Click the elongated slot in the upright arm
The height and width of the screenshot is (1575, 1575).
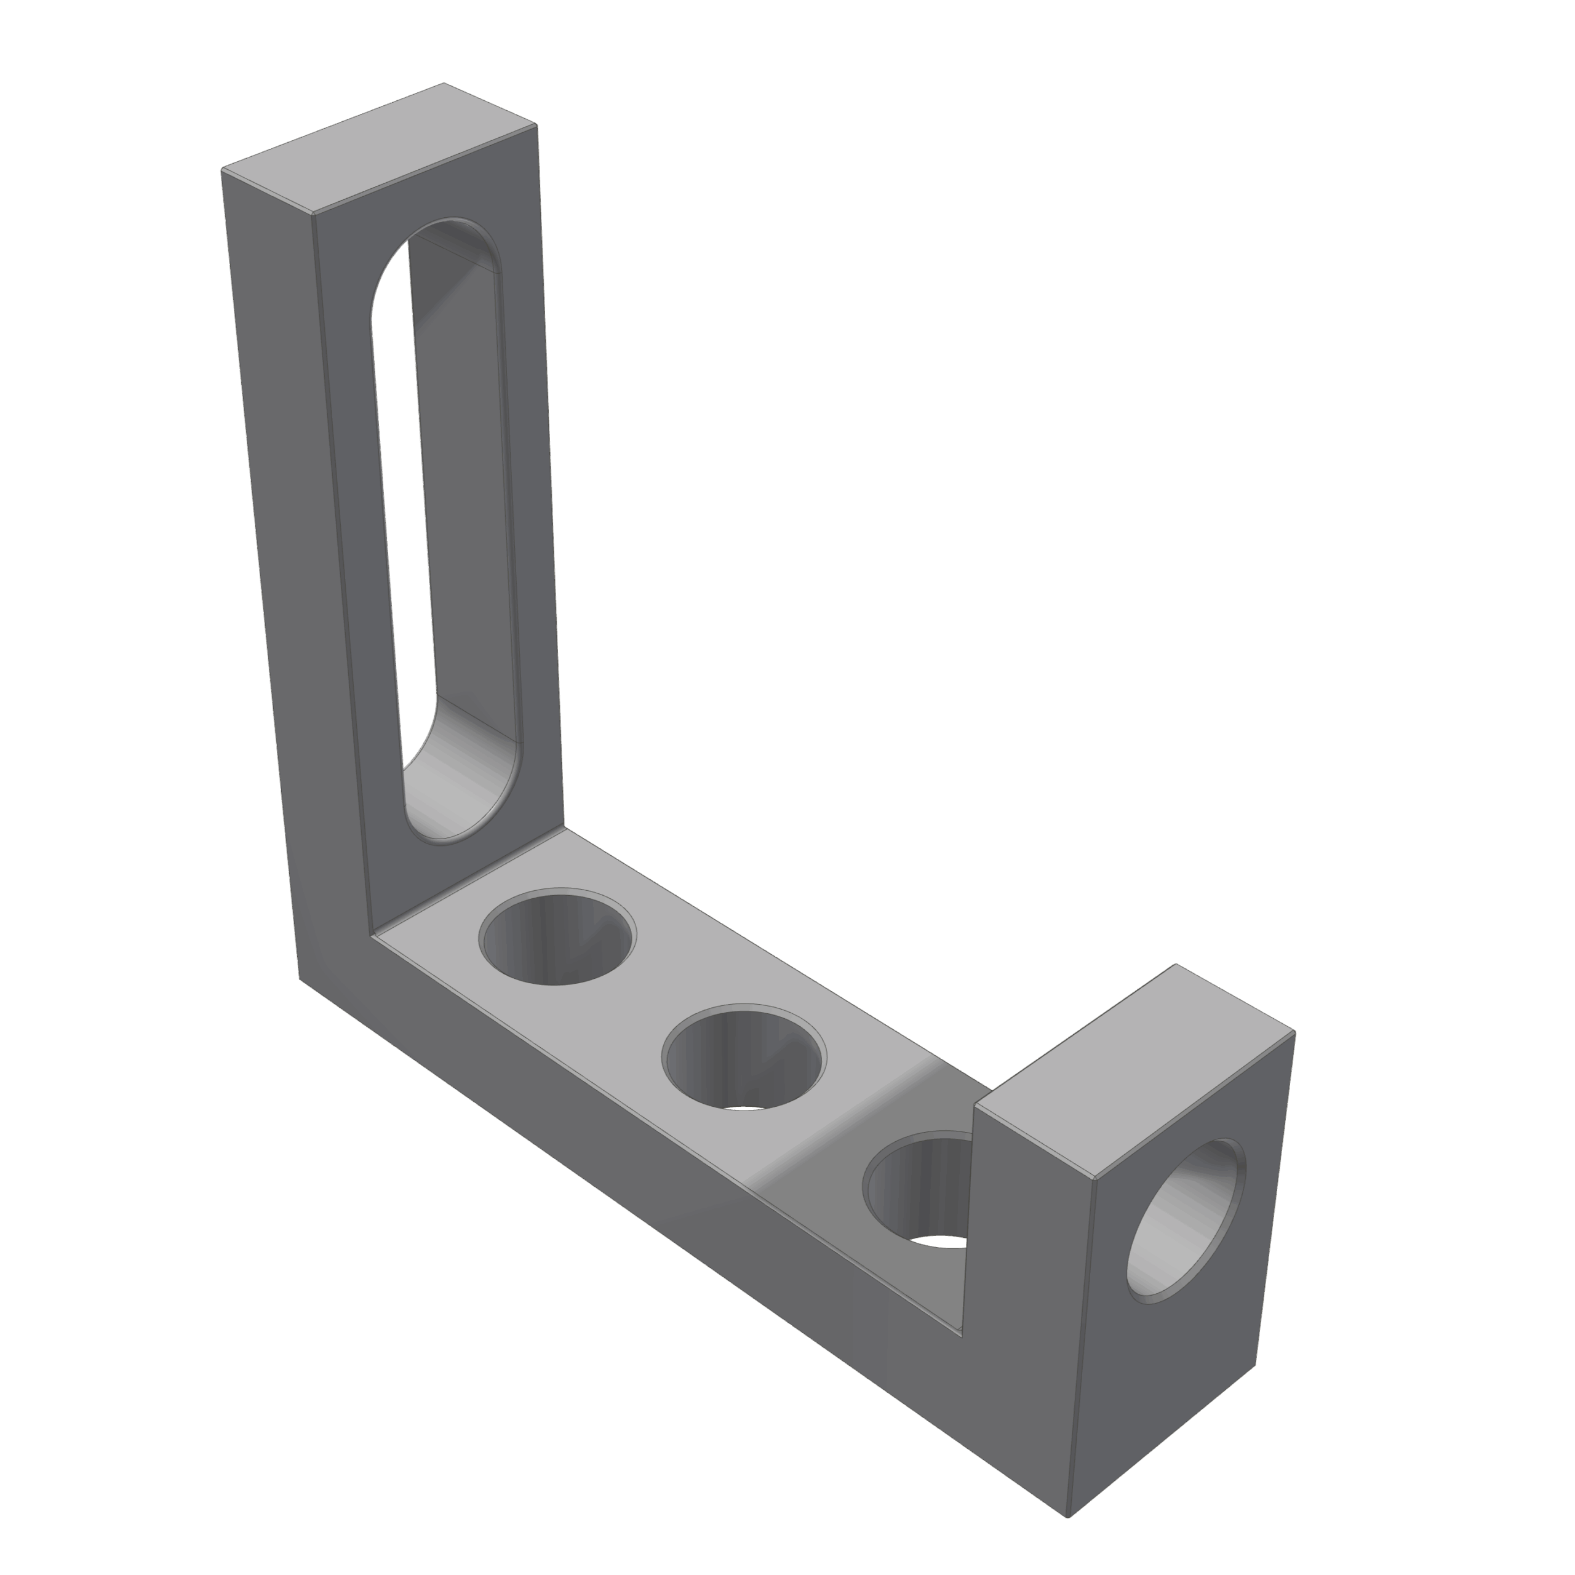tap(444, 530)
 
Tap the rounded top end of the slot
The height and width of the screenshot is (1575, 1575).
tap(441, 245)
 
